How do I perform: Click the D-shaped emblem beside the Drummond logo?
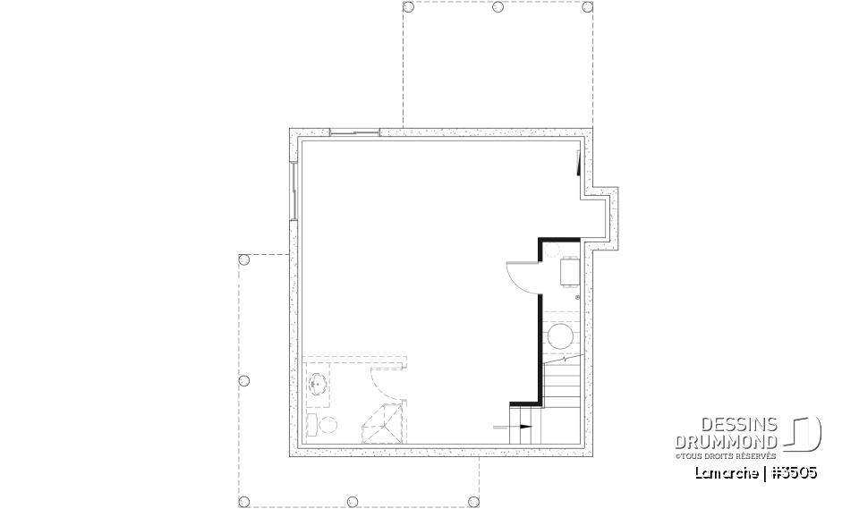click(804, 435)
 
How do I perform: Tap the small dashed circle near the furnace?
click(552, 251)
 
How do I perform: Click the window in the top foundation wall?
click(355, 132)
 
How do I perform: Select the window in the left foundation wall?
click(293, 190)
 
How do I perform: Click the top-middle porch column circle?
click(498, 7)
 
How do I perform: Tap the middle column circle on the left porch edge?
click(243, 381)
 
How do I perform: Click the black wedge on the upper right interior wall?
click(579, 163)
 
